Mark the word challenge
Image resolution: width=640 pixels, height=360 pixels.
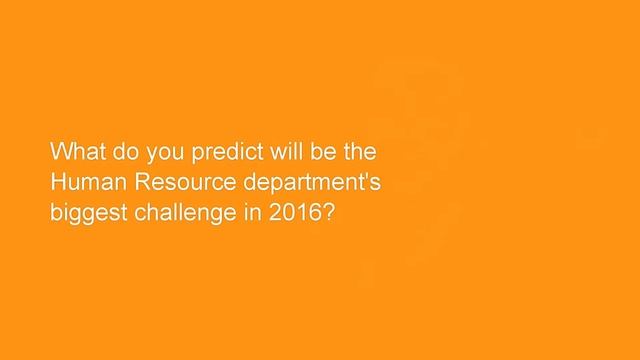(x=179, y=215)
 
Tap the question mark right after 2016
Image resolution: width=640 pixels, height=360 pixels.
(x=325, y=214)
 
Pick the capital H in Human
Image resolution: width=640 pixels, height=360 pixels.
(x=59, y=184)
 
